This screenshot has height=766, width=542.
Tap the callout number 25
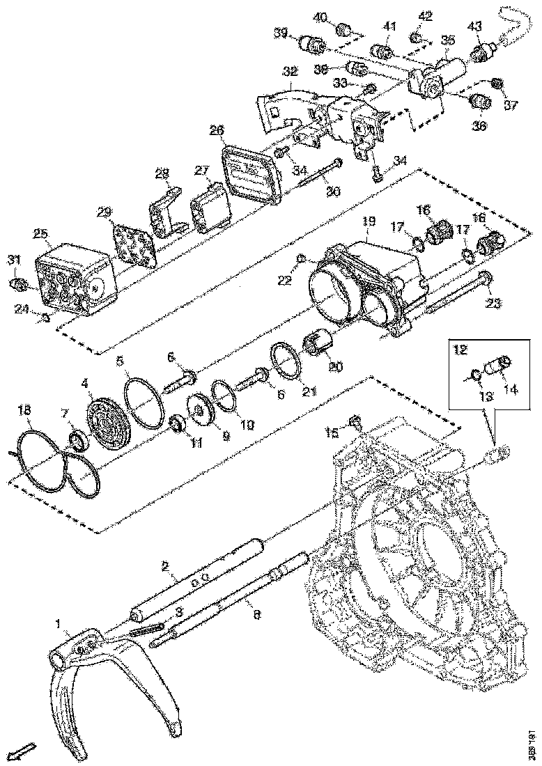pyautogui.click(x=40, y=233)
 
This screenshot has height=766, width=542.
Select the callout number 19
pyautogui.click(x=369, y=221)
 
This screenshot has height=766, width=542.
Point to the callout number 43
pyautogui.click(x=474, y=26)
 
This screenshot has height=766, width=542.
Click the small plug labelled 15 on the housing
pyautogui.click(x=355, y=421)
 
